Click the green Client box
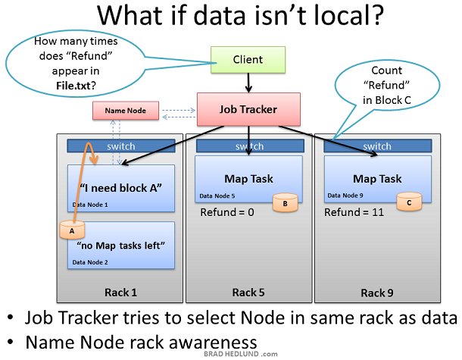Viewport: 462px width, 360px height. (248, 60)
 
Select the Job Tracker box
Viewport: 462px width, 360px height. (248, 109)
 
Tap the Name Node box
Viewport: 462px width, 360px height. (126, 111)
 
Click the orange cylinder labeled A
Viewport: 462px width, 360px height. (72, 230)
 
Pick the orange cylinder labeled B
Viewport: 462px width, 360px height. (286, 202)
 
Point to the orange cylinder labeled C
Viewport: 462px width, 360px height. (409, 202)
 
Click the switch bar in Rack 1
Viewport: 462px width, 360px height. (121, 146)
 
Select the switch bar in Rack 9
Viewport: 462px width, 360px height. (378, 146)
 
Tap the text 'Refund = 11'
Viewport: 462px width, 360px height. (354, 212)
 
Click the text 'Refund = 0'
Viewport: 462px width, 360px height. (227, 212)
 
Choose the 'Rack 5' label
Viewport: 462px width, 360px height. (248, 293)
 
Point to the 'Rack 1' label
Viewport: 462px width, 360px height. (121, 293)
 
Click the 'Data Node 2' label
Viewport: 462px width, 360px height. (90, 262)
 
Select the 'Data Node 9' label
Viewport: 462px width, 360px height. (345, 196)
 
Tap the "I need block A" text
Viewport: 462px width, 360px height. (121, 188)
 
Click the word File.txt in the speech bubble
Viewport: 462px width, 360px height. (76, 86)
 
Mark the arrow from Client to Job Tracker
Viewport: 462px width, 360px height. (248, 83)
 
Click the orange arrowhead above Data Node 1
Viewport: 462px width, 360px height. (94, 160)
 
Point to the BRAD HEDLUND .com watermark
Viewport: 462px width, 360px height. (240, 354)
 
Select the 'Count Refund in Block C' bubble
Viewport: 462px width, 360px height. (387, 86)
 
